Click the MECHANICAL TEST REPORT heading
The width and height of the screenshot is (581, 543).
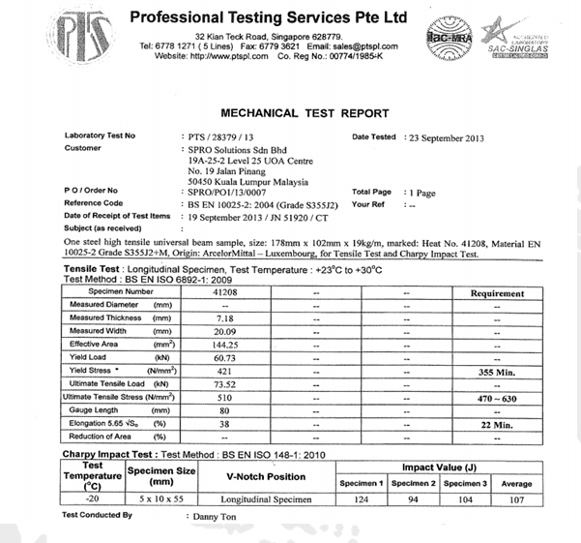click(305, 113)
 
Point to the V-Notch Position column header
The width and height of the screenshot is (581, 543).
click(266, 477)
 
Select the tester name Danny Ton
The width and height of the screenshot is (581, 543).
click(212, 517)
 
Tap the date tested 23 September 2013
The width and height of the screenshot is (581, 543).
click(450, 138)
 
